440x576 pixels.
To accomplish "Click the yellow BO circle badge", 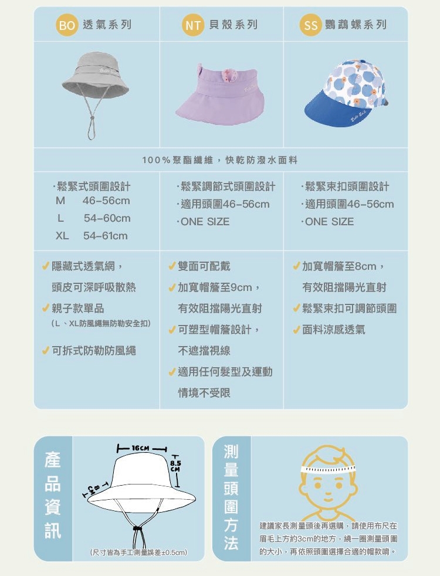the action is pos(67,25).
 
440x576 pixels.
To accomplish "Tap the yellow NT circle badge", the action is pos(193,25).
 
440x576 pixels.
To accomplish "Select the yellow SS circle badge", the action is pos(311,25).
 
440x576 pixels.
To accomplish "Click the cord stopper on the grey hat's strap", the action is pos(92,118).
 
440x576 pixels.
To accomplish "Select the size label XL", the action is pos(62,235).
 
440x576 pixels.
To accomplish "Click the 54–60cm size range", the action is pos(107,218).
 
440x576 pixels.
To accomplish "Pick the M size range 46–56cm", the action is pos(106,201).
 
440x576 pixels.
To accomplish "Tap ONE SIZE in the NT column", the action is pos(205,222).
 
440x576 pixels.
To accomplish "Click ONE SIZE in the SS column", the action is pos(330,222).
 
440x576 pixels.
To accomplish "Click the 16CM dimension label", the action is pos(140,448).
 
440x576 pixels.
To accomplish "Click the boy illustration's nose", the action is pos(328,492).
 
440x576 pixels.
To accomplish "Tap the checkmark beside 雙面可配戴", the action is pos(172,266).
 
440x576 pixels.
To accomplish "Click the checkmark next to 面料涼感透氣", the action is pos(296,330).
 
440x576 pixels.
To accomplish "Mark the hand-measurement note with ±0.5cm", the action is pos(138,552).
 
